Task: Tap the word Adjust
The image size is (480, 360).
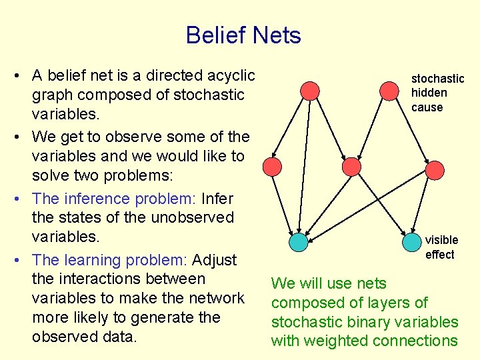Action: click(x=220, y=260)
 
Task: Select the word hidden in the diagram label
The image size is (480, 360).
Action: click(x=429, y=93)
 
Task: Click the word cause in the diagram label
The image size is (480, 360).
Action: click(x=427, y=107)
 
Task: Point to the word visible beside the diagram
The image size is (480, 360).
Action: click(x=441, y=240)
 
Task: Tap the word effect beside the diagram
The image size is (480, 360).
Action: click(x=439, y=255)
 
